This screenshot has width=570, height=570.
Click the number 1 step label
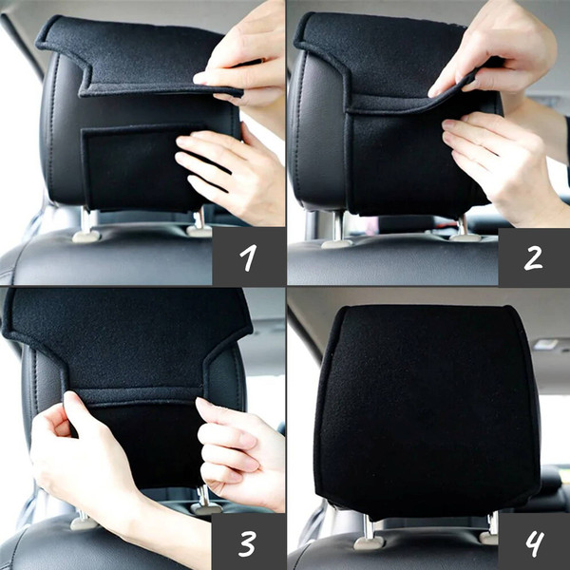248,257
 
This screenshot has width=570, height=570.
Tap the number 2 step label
533,257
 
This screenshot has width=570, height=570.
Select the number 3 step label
248,543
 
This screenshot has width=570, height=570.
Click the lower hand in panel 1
233,175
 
